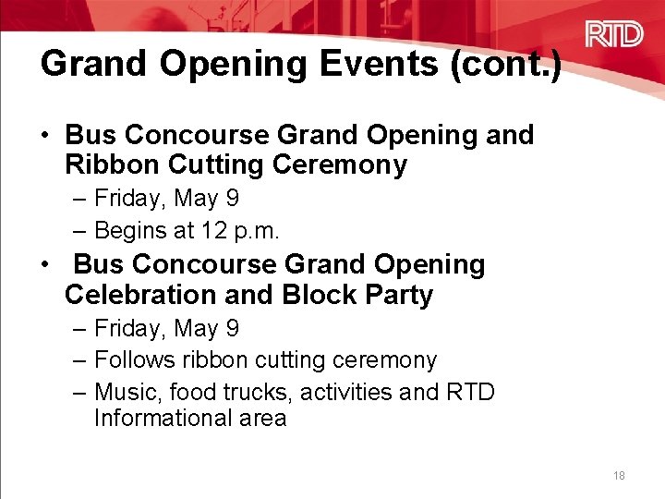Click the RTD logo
[614, 35]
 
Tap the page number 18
[619, 476]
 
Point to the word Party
[399, 295]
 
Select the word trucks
[259, 392]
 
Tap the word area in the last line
[261, 418]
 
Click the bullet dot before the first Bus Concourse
[44, 135]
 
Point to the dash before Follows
[81, 359]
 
